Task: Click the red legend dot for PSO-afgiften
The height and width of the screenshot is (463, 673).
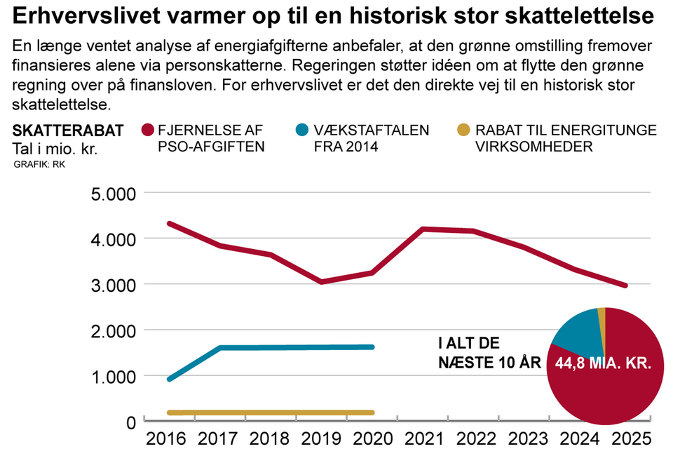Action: pos(147,131)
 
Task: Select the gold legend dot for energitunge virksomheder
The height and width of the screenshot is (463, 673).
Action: pos(463,131)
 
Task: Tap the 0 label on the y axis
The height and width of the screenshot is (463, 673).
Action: pos(130,422)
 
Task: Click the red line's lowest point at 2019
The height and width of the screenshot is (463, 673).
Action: pos(321,282)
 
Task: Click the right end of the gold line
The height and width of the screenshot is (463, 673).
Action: pos(372,412)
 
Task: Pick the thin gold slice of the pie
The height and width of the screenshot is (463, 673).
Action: pos(601,320)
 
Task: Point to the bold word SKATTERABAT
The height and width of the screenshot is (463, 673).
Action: pos(68,130)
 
